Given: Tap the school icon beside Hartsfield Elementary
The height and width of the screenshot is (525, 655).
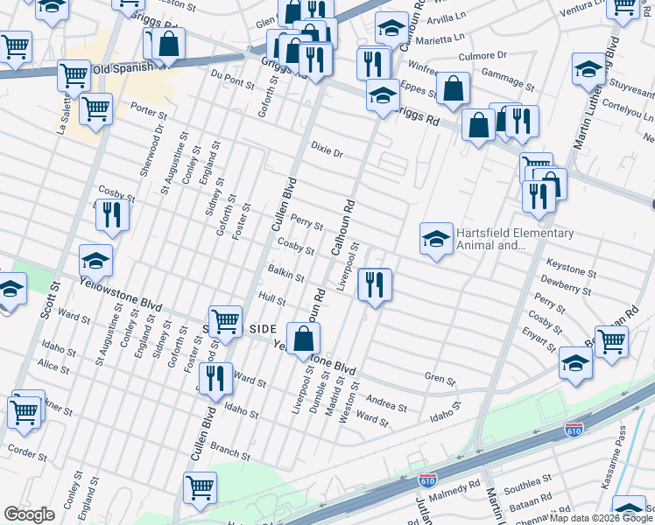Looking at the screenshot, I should pyautogui.click(x=435, y=239).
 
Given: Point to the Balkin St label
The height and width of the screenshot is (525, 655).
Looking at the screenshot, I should pyautogui.click(x=286, y=274).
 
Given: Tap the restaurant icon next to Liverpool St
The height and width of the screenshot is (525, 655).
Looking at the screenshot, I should pyautogui.click(x=374, y=284).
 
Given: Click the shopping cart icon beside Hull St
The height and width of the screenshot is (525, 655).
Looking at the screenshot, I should pyautogui.click(x=225, y=321).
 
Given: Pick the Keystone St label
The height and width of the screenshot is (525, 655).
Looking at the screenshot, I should pyautogui.click(x=571, y=262).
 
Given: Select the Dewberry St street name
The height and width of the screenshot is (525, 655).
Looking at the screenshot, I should pyautogui.click(x=566, y=283).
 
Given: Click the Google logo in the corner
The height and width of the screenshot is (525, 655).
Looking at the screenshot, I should pyautogui.click(x=28, y=514).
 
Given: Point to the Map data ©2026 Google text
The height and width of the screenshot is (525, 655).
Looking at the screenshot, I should pyautogui.click(x=600, y=518).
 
